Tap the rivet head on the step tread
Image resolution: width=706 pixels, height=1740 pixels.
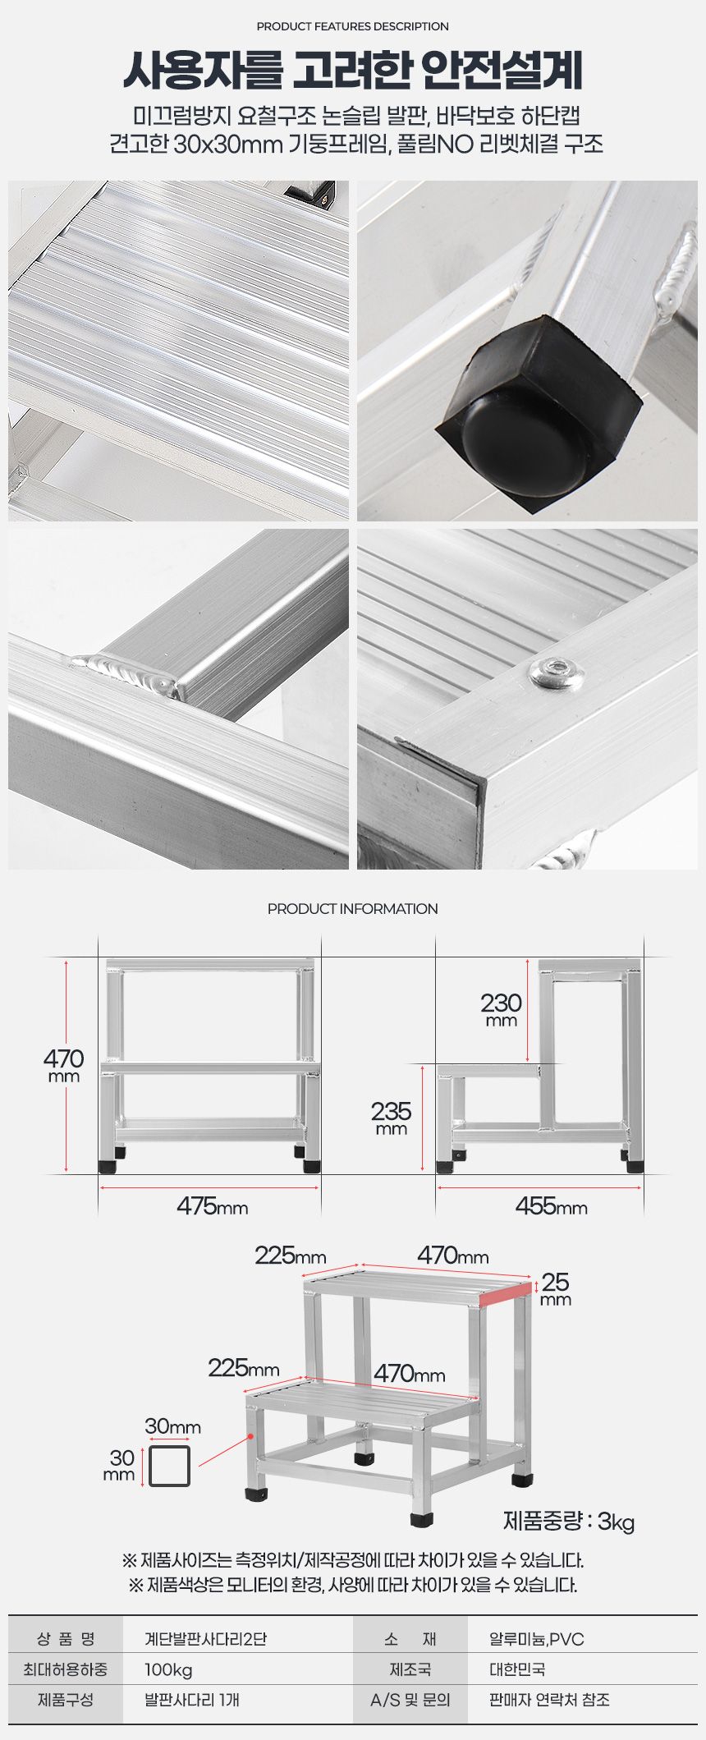pos(557,673)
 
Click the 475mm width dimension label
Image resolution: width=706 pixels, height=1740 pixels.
pos(213,1205)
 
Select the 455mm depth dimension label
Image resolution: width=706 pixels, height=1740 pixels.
pos(552,1205)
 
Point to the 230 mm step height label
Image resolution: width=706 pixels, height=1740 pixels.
pos(502,1008)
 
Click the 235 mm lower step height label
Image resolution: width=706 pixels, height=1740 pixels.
pos(391,1117)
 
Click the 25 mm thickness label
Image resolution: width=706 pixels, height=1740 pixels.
pos(556,1288)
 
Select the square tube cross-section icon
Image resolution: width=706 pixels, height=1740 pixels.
pos(170,1466)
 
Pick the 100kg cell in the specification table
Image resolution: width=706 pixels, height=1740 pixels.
pos(168,1669)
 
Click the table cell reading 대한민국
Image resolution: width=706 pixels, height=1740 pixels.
pos(517,1669)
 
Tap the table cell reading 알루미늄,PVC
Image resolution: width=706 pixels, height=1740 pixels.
pos(537,1639)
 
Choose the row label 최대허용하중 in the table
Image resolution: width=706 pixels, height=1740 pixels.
pos(65,1669)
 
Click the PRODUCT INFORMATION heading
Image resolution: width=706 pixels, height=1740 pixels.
pos(353,909)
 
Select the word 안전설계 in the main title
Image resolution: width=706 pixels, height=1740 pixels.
pos(502,70)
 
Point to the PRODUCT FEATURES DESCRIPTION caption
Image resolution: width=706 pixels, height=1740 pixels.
pos(353,26)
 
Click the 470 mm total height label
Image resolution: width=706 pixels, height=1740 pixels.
pos(64,1064)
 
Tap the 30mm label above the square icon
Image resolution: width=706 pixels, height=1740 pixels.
pos(173,1426)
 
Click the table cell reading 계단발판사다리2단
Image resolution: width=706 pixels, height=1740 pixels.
pos(206,1639)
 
